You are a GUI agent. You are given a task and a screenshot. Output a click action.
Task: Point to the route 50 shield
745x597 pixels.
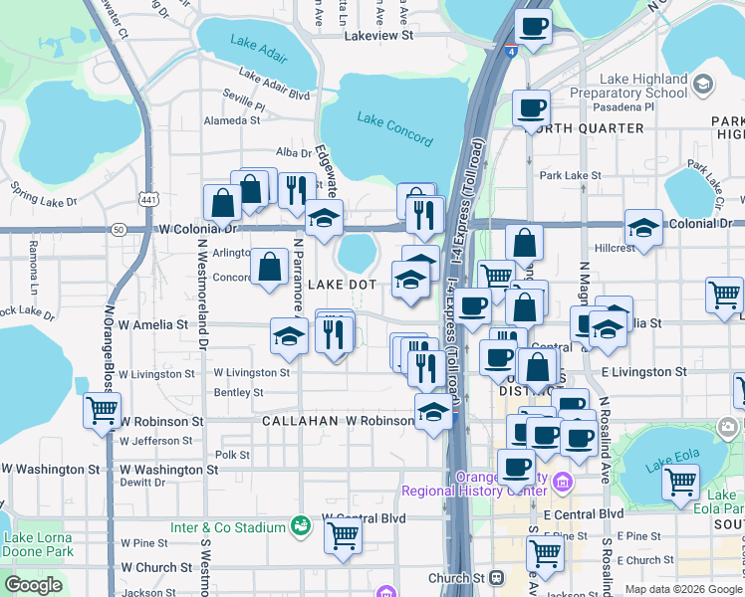pos(119,229)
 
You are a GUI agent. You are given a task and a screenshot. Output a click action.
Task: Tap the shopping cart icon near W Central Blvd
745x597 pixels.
pos(343,535)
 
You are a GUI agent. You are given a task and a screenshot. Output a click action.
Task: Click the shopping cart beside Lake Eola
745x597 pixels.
pos(680,482)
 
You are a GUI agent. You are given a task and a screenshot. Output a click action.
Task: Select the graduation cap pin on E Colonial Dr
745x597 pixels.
pos(643,228)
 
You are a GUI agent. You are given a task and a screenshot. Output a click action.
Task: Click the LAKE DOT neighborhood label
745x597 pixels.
pos(342,285)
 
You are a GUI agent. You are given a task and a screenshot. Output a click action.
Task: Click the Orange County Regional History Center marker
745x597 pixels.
pos(564,484)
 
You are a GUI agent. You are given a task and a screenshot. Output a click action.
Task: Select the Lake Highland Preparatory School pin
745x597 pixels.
pos(704,84)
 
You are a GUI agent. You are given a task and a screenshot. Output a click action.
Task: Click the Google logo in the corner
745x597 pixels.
pos(33,585)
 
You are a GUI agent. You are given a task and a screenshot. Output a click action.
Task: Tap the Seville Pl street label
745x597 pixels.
pos(244,103)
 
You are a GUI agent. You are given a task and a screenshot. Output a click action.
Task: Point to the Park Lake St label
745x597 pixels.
pos(570,175)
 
